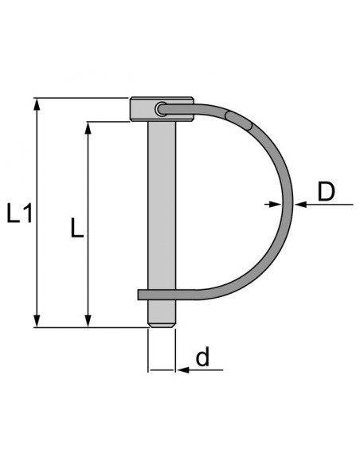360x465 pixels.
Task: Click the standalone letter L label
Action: point(76,229)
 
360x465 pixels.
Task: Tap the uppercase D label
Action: point(326,192)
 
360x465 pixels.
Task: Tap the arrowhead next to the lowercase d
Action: point(180,369)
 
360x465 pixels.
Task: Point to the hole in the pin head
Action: point(162,108)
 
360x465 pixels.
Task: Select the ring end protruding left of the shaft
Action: point(143,295)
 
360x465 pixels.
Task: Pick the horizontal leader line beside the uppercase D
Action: point(327,205)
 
